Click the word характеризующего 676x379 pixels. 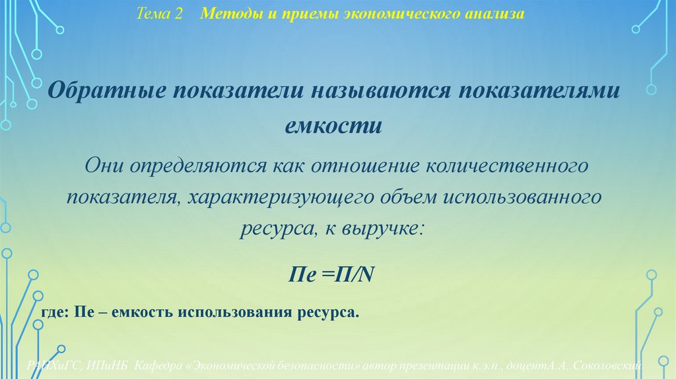[283, 197]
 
